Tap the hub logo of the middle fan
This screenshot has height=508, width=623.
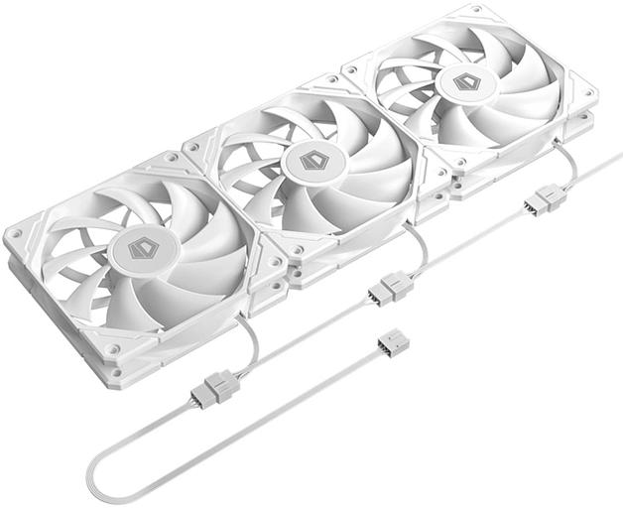[314, 160]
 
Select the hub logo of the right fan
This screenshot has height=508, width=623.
[465, 81]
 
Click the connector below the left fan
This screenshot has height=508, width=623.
[217, 386]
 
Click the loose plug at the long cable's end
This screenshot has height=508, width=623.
[393, 344]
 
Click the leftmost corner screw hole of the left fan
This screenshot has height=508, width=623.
[17, 237]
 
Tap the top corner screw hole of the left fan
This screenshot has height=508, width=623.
[171, 158]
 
